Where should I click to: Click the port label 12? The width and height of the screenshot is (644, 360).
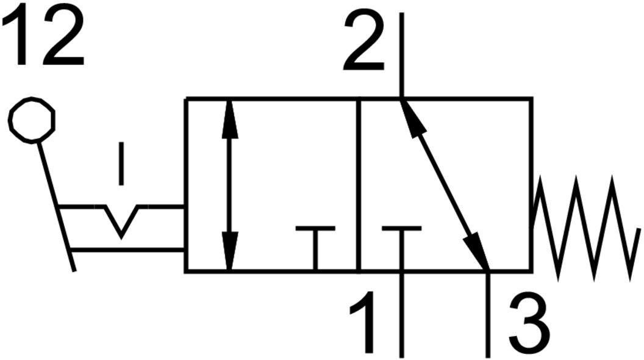click(x=43, y=37)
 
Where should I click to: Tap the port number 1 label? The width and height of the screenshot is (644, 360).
click(x=362, y=322)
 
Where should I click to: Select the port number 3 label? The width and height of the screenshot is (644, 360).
click(x=529, y=323)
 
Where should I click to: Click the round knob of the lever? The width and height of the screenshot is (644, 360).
click(x=32, y=120)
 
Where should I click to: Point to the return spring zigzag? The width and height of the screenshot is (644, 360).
click(x=585, y=228)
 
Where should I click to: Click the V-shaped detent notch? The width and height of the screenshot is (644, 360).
click(x=121, y=221)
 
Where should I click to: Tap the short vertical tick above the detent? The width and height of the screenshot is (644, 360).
click(x=121, y=164)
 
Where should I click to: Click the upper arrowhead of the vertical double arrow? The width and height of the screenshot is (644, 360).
click(x=229, y=119)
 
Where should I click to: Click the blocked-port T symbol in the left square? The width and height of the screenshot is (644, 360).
click(x=315, y=247)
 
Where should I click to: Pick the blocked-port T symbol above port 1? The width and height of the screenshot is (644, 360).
click(x=401, y=247)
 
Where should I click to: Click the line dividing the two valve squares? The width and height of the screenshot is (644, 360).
click(x=359, y=185)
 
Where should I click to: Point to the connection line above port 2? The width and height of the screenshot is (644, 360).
click(x=401, y=55)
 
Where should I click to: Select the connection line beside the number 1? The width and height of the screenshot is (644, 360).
click(x=401, y=315)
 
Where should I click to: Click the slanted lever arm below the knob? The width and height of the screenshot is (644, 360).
click(x=56, y=206)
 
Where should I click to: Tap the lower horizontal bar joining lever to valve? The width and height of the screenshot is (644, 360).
click(x=127, y=249)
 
